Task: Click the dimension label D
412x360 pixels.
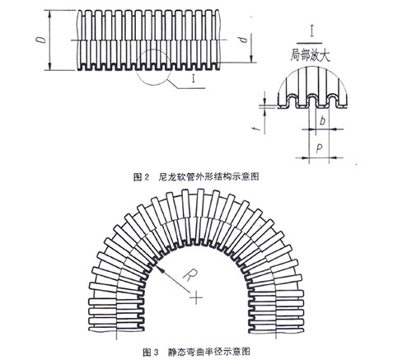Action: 41,40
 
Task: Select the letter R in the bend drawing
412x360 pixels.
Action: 190,276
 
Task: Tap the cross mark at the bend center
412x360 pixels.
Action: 196,297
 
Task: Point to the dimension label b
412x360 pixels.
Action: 323,120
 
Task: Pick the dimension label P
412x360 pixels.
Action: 319,148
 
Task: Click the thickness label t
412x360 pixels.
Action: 257,128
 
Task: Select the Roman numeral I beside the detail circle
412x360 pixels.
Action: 194,79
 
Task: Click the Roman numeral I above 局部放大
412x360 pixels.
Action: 311,30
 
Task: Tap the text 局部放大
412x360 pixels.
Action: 310,55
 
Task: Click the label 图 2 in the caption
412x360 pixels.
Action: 141,177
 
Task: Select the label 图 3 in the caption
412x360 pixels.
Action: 151,352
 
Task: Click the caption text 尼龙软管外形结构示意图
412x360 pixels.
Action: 208,177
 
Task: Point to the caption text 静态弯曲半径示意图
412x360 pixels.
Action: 209,352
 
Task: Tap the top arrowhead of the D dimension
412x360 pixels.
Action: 49,14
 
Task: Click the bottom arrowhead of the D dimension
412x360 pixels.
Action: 49,66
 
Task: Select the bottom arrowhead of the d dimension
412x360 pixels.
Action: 251,58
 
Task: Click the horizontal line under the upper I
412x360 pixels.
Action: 309,43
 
